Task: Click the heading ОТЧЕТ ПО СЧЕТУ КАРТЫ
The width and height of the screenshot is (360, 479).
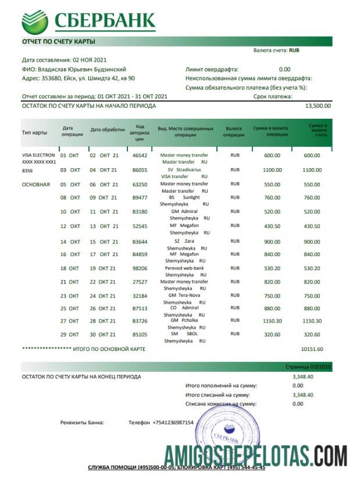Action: pyautogui.click(x=58, y=41)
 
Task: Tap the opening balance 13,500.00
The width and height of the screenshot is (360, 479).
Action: pyautogui.click(x=318, y=106)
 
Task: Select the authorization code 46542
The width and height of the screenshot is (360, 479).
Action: pyautogui.click(x=140, y=155)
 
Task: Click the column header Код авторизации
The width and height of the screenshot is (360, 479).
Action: pyautogui.click(x=140, y=133)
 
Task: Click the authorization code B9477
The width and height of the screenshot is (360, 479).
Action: pyautogui.click(x=140, y=197)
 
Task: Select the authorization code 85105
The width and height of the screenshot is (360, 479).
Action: pyautogui.click(x=140, y=334)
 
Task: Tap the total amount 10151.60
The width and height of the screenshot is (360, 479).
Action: pyautogui.click(x=312, y=349)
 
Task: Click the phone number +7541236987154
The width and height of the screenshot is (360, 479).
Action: pyautogui.click(x=173, y=422)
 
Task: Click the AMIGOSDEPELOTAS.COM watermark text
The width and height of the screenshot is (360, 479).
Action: pyautogui.click(x=255, y=452)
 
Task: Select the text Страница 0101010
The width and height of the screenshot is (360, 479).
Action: pyautogui.click(x=311, y=367)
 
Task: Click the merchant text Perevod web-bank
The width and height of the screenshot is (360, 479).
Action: pyautogui.click(x=184, y=268)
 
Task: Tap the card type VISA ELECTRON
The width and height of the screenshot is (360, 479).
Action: pyautogui.click(x=38, y=155)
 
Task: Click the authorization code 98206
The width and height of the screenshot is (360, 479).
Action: pyautogui.click(x=140, y=268)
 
